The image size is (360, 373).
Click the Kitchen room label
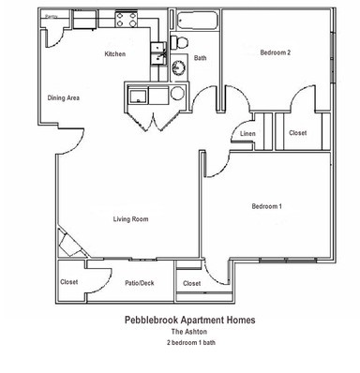pos(115,54)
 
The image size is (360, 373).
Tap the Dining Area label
pos(64,97)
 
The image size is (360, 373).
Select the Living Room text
pos(130,219)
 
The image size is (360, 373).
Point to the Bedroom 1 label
pos(267,206)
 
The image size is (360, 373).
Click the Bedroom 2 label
pos(276,52)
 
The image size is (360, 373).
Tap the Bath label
pos(200,58)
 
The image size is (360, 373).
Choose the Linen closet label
pos(247,134)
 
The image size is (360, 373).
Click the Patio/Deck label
pos(140,283)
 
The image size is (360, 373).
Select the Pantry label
pos(52,17)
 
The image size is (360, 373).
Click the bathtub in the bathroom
pos(197,21)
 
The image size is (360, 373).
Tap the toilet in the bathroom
pos(178,42)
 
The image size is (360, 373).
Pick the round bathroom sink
pos(178,67)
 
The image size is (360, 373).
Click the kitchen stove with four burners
pos(126,19)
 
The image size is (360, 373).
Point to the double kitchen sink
pos(158,53)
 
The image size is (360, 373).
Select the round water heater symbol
pos(177,94)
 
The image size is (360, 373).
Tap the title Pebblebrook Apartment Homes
pos(189,320)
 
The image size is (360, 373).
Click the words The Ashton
pos(189,332)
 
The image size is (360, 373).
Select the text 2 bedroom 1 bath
pos(191,342)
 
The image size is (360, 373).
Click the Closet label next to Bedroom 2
pos(297,133)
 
